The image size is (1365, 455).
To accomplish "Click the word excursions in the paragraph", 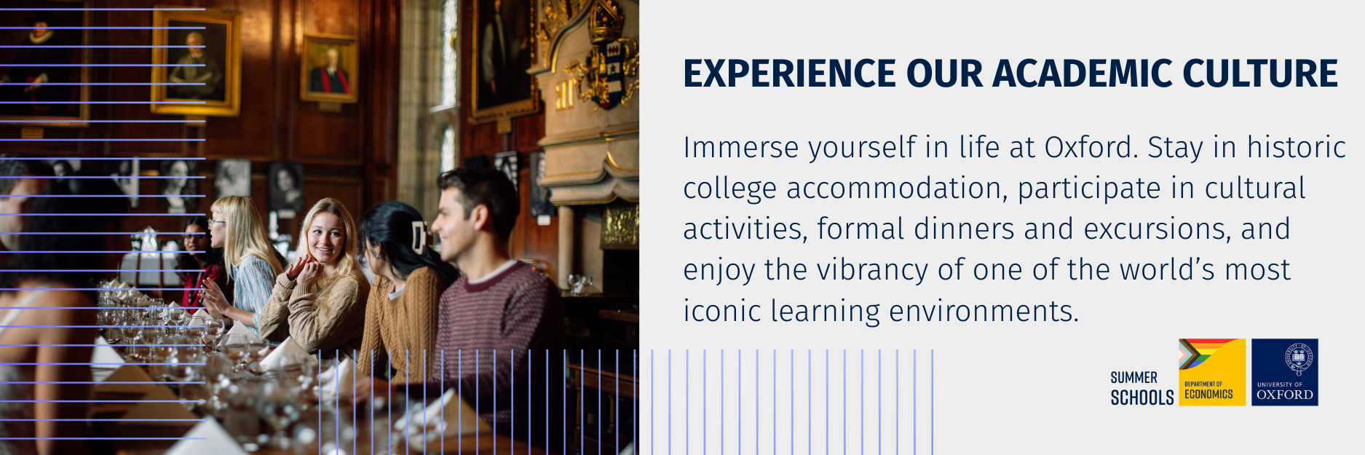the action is tap(1158, 229).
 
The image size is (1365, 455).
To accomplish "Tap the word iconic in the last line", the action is tap(722, 312).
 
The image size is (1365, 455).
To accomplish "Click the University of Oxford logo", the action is tap(1285, 372).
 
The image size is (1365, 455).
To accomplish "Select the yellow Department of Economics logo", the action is tap(1212, 372).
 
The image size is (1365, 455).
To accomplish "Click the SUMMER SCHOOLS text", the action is tap(1142, 388).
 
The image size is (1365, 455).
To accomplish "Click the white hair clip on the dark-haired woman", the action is tap(418, 237).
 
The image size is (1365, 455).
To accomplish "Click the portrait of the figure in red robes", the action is tap(329, 68).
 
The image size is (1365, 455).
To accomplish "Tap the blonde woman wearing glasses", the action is tap(244, 262).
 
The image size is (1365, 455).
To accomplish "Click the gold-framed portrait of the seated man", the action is tap(195, 63).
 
